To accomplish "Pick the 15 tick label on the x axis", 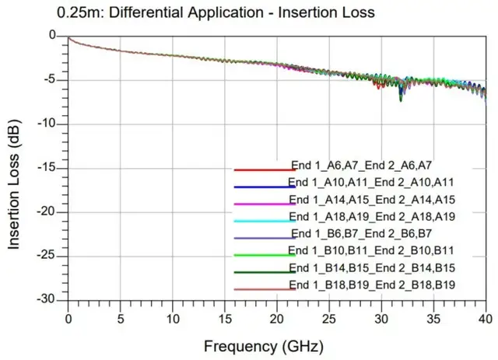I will [x=225, y=317].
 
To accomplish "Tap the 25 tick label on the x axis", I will [x=329, y=317].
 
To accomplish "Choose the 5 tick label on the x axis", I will [x=120, y=317].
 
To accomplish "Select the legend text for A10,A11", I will [x=371, y=182].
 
